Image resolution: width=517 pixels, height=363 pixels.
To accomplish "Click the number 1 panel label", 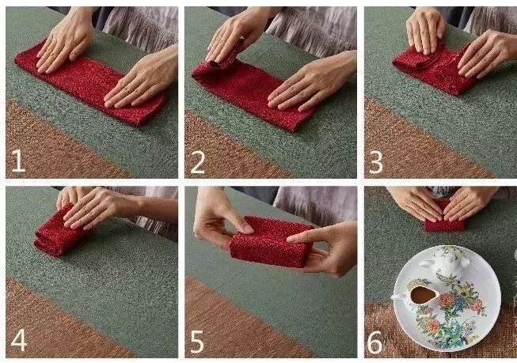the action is [x=17, y=161].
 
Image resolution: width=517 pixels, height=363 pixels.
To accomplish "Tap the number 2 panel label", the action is [x=197, y=162].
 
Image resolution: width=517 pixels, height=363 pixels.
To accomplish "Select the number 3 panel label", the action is [x=375, y=162].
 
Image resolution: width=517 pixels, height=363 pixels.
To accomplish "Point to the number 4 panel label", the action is [x=19, y=340].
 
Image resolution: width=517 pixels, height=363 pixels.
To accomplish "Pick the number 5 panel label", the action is [x=197, y=342].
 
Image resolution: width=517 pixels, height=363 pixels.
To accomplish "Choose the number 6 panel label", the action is [x=375, y=342].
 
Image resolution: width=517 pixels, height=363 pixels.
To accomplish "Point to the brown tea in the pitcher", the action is [x=423, y=295].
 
